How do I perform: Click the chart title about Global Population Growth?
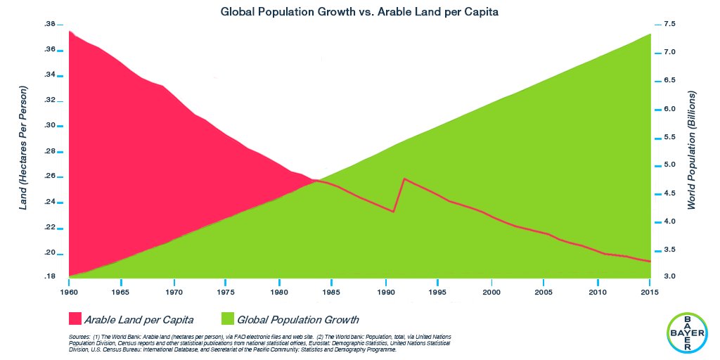pyautogui.click(x=359, y=12)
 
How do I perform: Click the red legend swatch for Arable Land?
pyautogui.click(x=75, y=319)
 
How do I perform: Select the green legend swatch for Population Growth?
pyautogui.click(x=229, y=319)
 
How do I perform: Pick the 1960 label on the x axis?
pyautogui.click(x=68, y=291)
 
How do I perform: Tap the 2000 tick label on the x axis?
pyautogui.click(x=491, y=291)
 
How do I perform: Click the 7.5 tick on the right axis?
pyautogui.click(x=669, y=24)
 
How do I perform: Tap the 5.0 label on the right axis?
pyautogui.click(x=669, y=165)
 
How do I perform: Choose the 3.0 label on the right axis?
pyautogui.click(x=669, y=277)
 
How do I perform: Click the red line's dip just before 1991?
pyautogui.click(x=394, y=212)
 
